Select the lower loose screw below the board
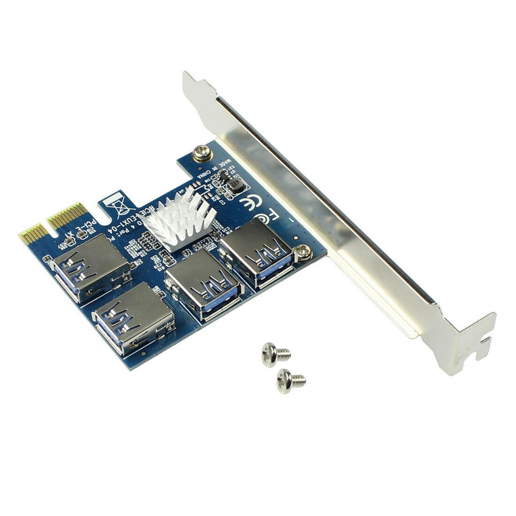tap(290, 381)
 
